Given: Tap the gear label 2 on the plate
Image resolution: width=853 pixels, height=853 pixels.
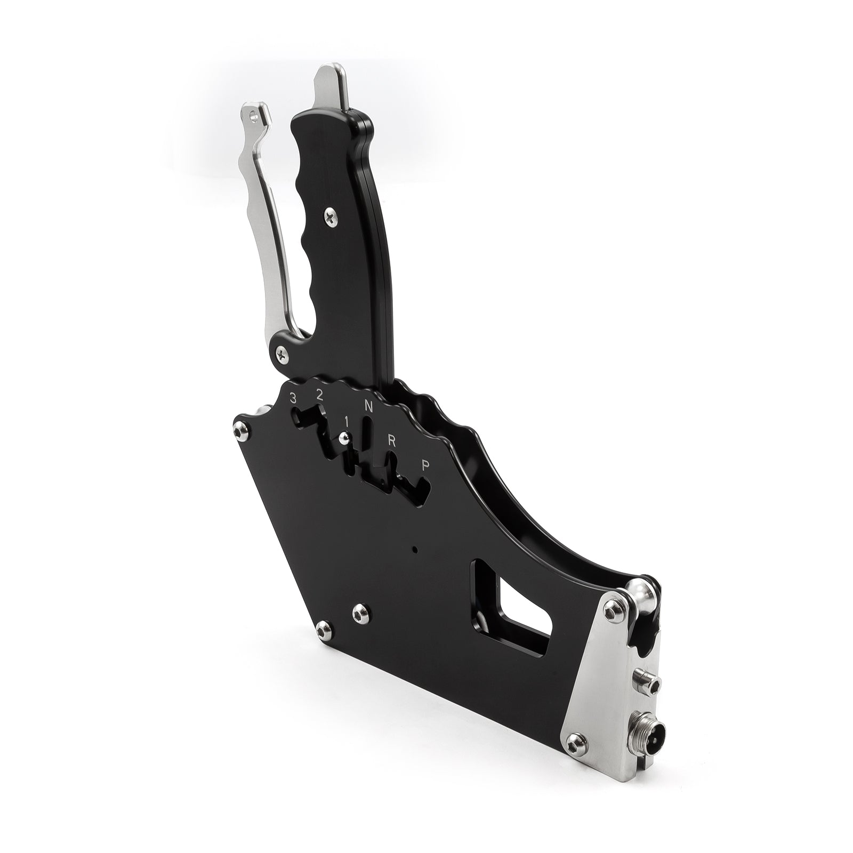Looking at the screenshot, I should (319, 395).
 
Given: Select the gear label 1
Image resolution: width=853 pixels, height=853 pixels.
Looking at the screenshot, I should (347, 421).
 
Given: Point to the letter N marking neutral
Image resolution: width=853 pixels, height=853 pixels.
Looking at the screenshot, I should (368, 406).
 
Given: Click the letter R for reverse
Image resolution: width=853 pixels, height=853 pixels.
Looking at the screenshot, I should (391, 440).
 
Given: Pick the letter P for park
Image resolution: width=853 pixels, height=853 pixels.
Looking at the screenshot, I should (425, 465).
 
